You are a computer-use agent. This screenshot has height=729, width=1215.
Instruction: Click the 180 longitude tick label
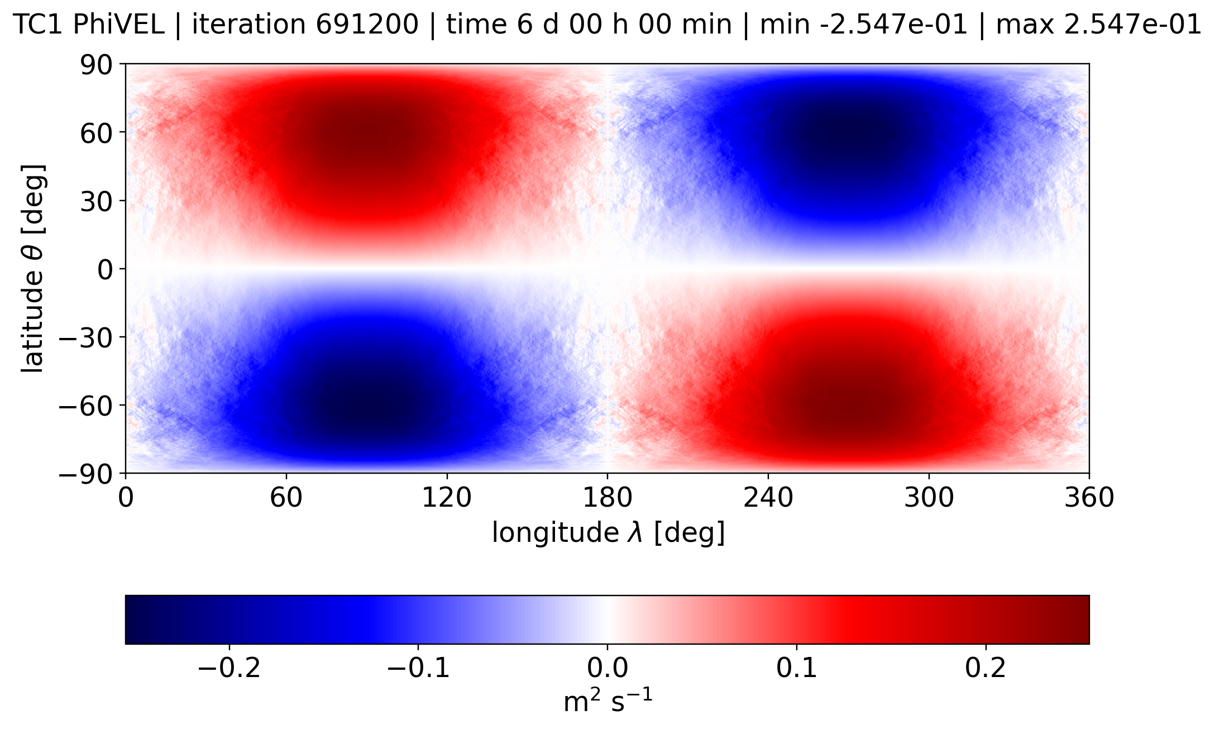[607, 497]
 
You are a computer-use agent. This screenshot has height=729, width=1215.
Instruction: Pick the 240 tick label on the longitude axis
[768, 497]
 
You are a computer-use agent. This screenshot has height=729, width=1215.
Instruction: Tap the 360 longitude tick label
[1089, 497]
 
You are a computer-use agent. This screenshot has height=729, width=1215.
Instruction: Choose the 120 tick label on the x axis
[447, 497]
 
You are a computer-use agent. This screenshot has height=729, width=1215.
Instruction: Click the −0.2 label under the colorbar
[229, 668]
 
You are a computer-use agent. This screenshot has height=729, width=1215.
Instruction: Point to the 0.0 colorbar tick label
[607, 668]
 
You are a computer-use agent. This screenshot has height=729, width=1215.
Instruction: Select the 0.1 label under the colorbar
[797, 668]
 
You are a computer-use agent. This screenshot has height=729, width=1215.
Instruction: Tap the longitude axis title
[608, 532]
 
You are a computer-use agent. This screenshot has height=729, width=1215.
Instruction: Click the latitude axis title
[33, 268]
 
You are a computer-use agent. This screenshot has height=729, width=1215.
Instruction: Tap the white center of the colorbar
[607, 620]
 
